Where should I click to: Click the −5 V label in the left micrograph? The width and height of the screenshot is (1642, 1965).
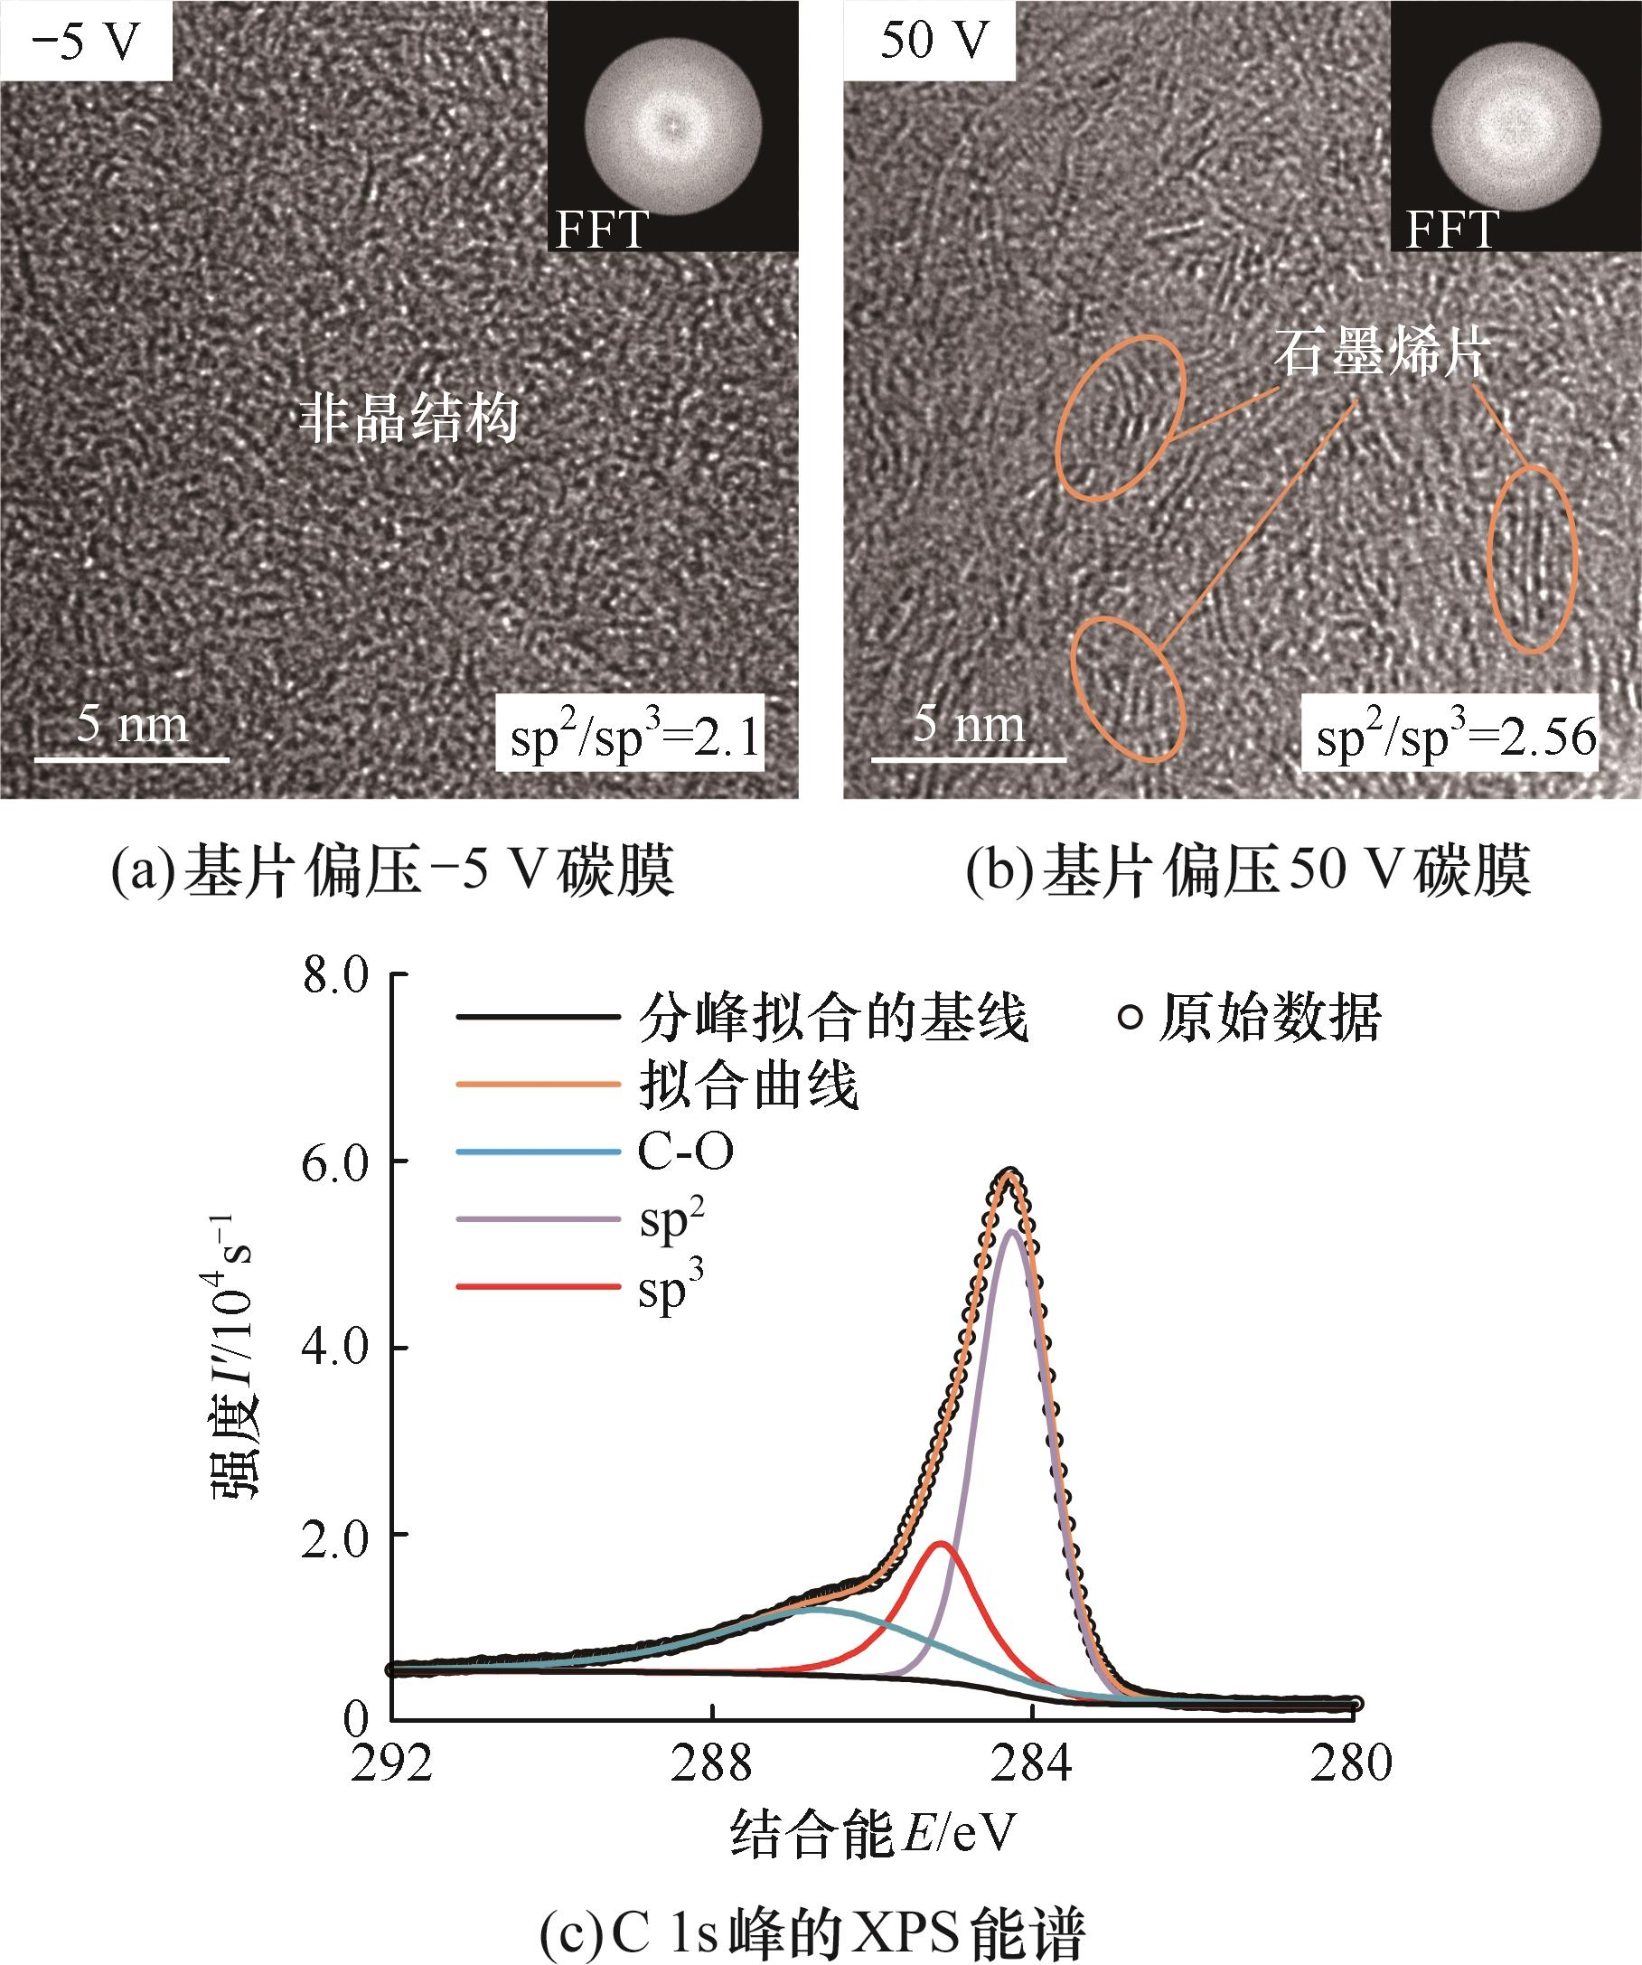85,42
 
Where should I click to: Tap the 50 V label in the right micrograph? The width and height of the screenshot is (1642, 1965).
934,42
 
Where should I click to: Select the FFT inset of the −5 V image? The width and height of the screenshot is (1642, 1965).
671,127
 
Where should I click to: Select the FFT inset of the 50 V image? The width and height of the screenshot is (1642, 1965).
1515,127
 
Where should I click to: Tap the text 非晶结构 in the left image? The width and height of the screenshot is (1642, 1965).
408,418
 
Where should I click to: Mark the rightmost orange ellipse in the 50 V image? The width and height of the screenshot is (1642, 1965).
1533,559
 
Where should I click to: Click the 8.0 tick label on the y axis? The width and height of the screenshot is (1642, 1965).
336,976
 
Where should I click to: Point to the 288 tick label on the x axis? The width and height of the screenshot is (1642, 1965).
712,1763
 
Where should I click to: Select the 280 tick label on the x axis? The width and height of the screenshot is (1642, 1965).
1352,1763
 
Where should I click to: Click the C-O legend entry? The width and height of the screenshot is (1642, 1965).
685,1152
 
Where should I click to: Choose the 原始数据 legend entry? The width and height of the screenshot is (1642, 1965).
1250,1018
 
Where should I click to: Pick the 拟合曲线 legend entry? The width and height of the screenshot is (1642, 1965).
748,1086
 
